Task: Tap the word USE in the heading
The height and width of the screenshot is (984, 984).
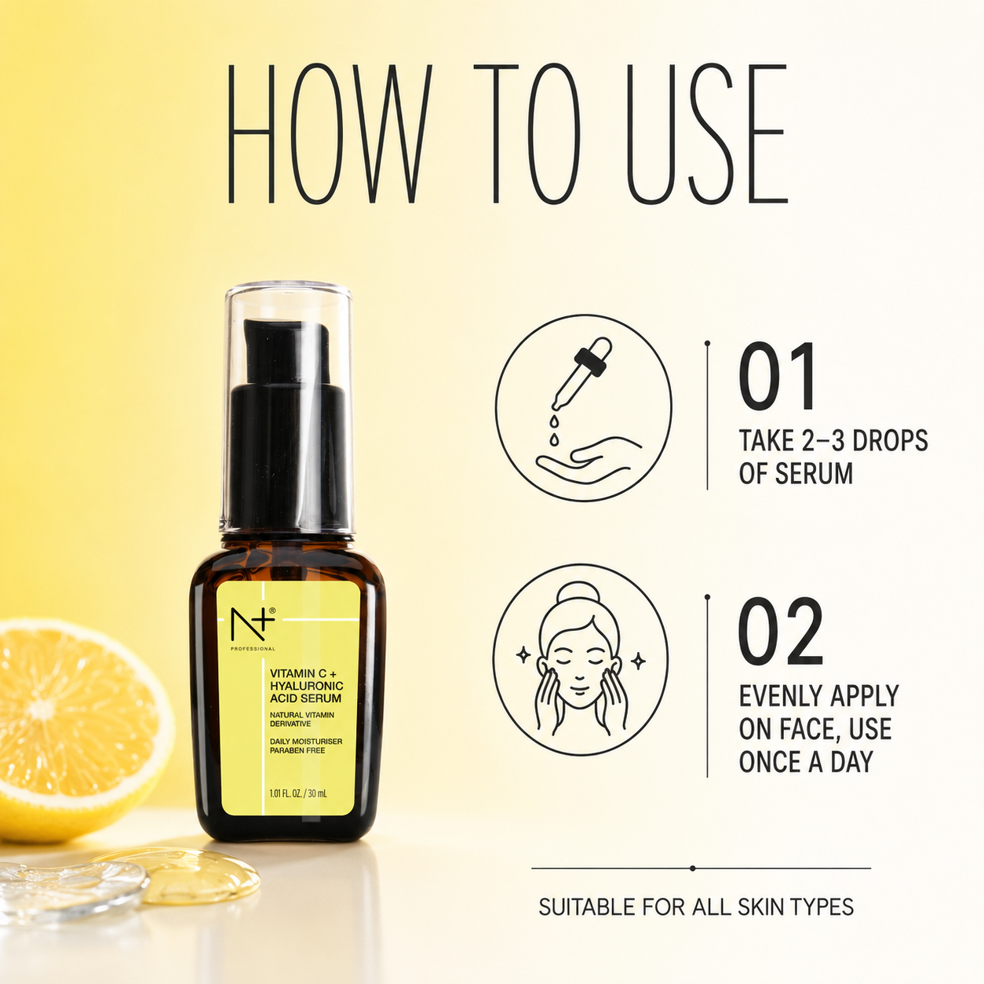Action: (707, 133)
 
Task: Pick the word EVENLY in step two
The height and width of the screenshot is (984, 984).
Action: (779, 696)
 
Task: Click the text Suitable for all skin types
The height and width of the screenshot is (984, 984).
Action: (696, 907)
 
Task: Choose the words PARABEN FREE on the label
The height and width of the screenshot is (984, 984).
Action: (297, 750)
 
